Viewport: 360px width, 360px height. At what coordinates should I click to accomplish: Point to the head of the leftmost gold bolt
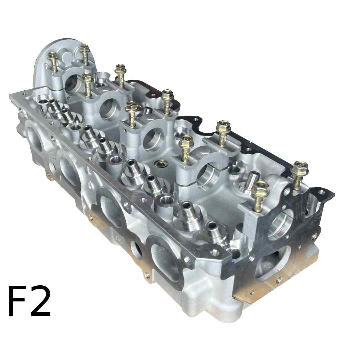(x=53, y=57)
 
